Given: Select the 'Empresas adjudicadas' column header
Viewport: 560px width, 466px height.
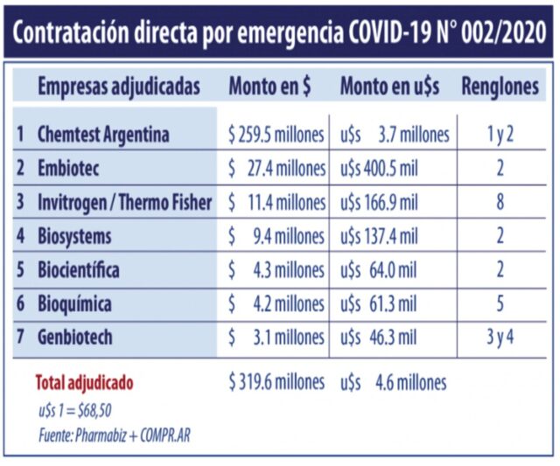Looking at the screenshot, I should pyautogui.click(x=118, y=87).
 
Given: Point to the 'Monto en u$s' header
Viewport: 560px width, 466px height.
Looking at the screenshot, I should pyautogui.click(x=389, y=87).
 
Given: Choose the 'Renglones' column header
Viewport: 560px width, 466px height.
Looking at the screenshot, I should pyautogui.click(x=500, y=87).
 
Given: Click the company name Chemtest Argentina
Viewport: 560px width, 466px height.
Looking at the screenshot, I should pyautogui.click(x=102, y=135).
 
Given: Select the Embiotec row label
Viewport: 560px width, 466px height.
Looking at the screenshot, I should pyautogui.click(x=67, y=169).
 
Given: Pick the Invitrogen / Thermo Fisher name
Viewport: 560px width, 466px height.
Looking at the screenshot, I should pyautogui.click(x=124, y=202).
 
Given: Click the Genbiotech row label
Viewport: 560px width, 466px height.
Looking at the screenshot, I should pyautogui.click(x=75, y=337).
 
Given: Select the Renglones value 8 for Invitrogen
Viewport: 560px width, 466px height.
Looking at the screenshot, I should pyautogui.click(x=500, y=202).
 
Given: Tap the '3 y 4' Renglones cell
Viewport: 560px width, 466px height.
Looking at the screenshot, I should pyautogui.click(x=500, y=337).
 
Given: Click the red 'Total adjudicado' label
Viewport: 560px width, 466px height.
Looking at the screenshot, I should pyautogui.click(x=84, y=383).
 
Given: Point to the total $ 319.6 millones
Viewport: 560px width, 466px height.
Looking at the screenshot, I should pyautogui.click(x=276, y=382).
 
